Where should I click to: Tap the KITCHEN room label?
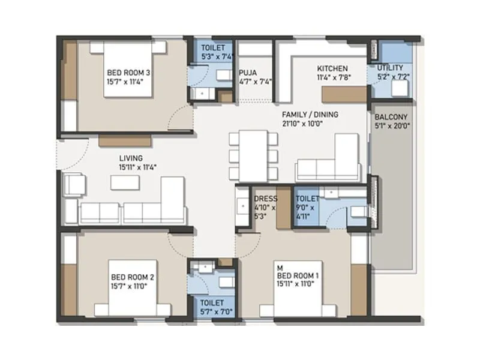click(332, 68)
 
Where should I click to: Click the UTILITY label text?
click(390, 68)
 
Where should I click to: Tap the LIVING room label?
click(131, 158)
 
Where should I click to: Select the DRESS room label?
click(265, 199)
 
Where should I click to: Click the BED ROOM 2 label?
click(133, 277)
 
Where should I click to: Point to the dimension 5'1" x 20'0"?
click(391, 126)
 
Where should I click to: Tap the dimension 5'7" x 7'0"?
click(212, 312)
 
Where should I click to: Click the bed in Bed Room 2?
click(133, 287)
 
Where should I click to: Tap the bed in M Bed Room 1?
click(298, 287)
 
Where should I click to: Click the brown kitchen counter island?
click(344, 94)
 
